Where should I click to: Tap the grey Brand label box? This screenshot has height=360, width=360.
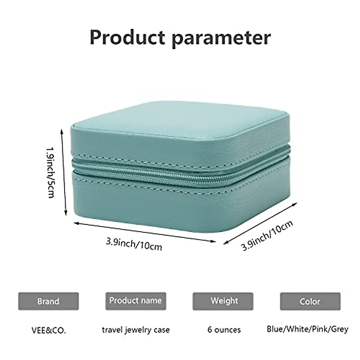click(x=48, y=301)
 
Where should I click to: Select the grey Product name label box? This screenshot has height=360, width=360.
click(x=136, y=301)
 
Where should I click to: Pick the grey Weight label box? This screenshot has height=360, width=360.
click(x=223, y=301)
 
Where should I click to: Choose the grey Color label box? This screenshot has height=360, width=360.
click(x=310, y=301)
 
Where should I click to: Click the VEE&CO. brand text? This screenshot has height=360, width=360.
click(x=48, y=330)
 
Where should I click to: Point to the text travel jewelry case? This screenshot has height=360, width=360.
click(x=136, y=330)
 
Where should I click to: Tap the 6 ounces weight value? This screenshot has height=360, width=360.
click(x=224, y=330)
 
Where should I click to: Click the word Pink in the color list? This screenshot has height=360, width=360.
click(x=320, y=329)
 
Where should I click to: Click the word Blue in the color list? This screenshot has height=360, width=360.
click(x=275, y=329)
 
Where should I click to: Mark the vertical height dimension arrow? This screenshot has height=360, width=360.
click(x=64, y=172)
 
